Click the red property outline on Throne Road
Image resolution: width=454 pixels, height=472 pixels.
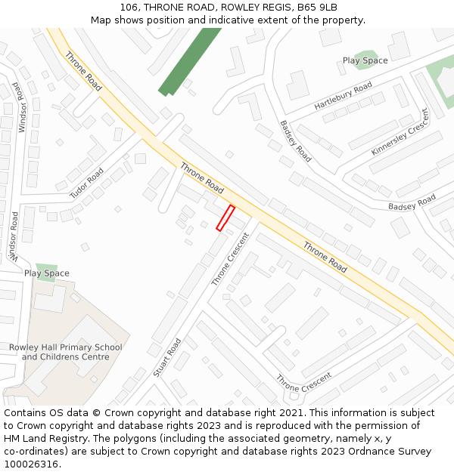coord(225,217)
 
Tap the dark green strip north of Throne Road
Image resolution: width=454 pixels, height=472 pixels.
coord(188,61)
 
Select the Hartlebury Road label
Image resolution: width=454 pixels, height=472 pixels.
coord(343,97)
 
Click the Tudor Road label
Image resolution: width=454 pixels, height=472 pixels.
coord(87,184)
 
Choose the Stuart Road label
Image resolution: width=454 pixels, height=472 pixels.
coord(167,357)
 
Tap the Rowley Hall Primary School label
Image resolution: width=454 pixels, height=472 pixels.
coord(65,347)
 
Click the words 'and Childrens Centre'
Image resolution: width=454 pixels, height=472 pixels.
coord(65,357)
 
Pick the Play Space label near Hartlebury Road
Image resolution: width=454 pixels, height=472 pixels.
coord(365,60)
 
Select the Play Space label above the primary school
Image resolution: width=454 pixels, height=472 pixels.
coord(46,273)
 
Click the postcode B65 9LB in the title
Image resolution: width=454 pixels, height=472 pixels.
coord(317,8)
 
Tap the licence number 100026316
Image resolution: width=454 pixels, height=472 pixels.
coord(30,464)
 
